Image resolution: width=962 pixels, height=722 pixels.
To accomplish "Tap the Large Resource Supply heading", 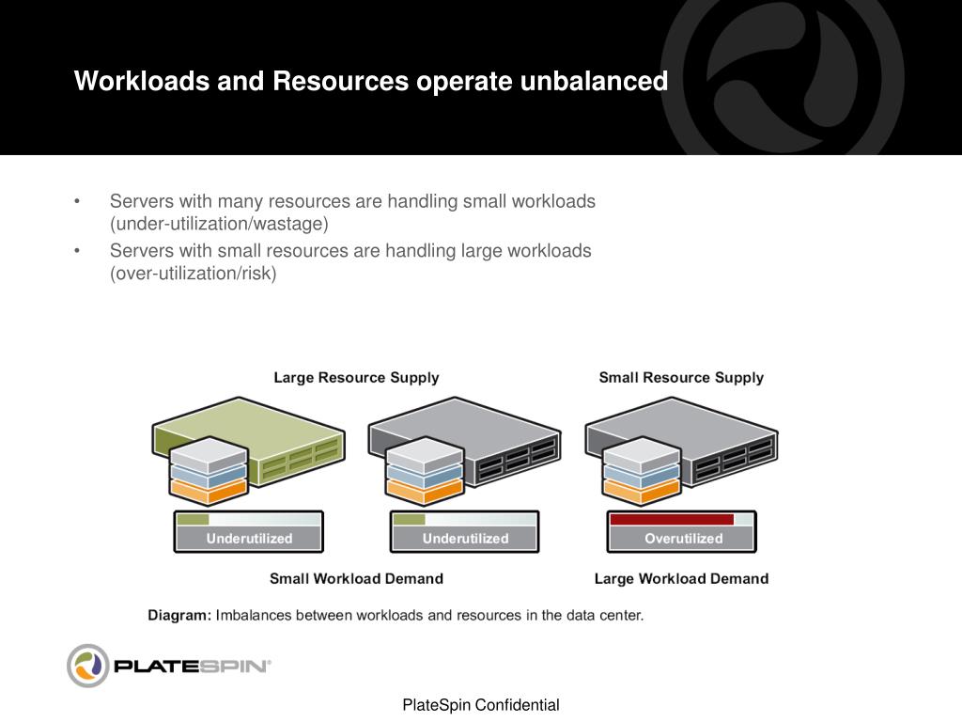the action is click(356, 378).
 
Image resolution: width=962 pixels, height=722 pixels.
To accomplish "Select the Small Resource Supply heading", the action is click(681, 378).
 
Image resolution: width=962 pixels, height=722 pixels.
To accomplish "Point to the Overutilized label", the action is click(683, 539).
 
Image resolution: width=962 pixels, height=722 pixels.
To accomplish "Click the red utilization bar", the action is click(671, 519).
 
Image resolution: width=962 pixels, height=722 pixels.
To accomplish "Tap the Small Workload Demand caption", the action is click(356, 579).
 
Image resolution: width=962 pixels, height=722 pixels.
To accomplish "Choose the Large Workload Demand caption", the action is click(681, 579).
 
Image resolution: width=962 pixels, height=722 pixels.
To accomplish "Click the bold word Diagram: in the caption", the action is click(179, 616).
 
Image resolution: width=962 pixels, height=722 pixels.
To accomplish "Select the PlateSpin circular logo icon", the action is click(88, 666).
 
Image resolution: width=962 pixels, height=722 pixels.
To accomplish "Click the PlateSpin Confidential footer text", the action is click(481, 705).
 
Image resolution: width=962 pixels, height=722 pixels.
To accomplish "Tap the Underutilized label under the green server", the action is click(249, 539).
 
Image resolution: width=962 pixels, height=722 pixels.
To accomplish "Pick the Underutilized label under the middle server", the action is click(465, 539).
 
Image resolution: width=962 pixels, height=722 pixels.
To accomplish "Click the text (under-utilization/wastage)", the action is click(219, 224).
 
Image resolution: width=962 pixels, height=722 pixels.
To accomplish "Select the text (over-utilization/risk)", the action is click(194, 274).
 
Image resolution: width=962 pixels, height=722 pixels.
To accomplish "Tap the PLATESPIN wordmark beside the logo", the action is click(192, 667).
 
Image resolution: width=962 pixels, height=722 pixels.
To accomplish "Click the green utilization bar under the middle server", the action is click(410, 519).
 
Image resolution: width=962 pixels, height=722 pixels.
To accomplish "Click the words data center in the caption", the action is click(601, 616).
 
